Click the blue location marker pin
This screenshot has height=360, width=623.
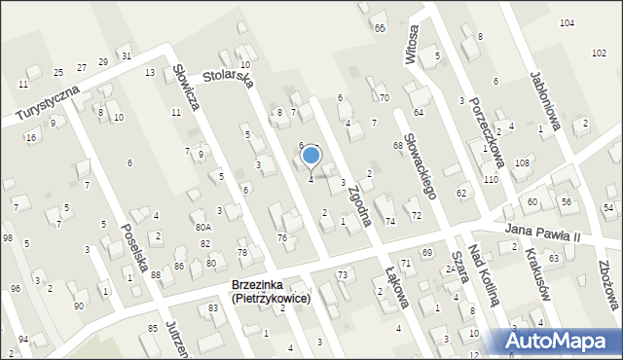(311, 156)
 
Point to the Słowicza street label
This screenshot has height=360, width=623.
(188, 86)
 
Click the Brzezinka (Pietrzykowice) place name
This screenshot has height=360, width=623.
(271, 292)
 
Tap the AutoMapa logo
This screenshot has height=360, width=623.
(559, 341)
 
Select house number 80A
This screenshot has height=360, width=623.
(202, 227)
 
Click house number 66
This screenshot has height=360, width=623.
(379, 28)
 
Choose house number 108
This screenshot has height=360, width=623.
(522, 162)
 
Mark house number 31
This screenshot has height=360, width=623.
(125, 55)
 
